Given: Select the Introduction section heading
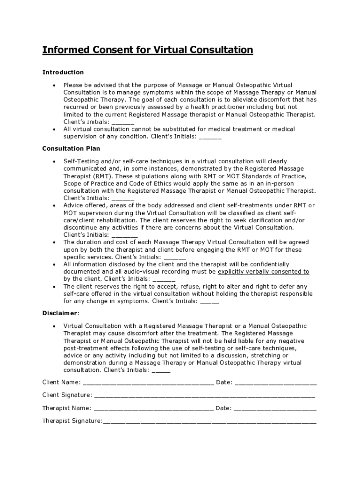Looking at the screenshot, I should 63,72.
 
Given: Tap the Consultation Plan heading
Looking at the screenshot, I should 71,149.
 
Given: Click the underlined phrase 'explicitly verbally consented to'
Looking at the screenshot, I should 264,272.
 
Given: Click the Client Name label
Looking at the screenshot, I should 61,382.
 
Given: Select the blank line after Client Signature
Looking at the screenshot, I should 204,395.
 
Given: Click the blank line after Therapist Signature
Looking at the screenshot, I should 209,421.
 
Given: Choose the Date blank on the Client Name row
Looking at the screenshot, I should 275,383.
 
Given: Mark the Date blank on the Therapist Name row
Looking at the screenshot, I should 275,408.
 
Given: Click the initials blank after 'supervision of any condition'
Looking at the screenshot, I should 210,137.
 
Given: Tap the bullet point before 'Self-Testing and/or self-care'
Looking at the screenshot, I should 55,161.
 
